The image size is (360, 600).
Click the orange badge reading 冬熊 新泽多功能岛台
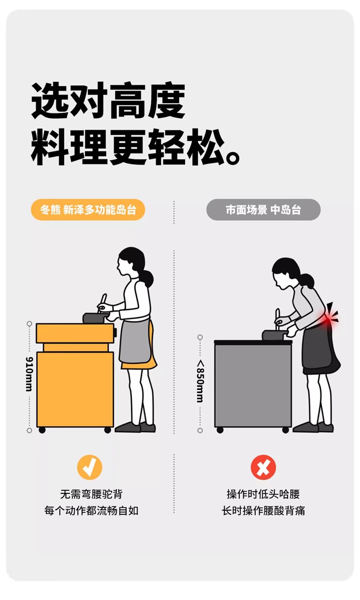point(88,210)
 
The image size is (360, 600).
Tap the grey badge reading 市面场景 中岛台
point(263,210)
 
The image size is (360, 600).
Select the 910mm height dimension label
point(30,374)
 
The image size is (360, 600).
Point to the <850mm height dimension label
point(200,381)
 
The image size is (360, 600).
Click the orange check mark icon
point(90,467)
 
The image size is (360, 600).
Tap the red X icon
point(263,467)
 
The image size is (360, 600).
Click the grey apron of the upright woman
point(135,340)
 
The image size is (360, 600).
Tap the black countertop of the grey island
point(253,342)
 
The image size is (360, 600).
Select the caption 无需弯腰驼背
point(91,494)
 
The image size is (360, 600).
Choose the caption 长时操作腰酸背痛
point(263,511)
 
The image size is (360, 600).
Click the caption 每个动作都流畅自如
point(91,511)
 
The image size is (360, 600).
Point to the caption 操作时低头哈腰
point(263,494)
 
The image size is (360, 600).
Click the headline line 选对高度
point(108,101)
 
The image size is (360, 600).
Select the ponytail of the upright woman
point(147,278)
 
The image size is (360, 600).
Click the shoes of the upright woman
point(135,427)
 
